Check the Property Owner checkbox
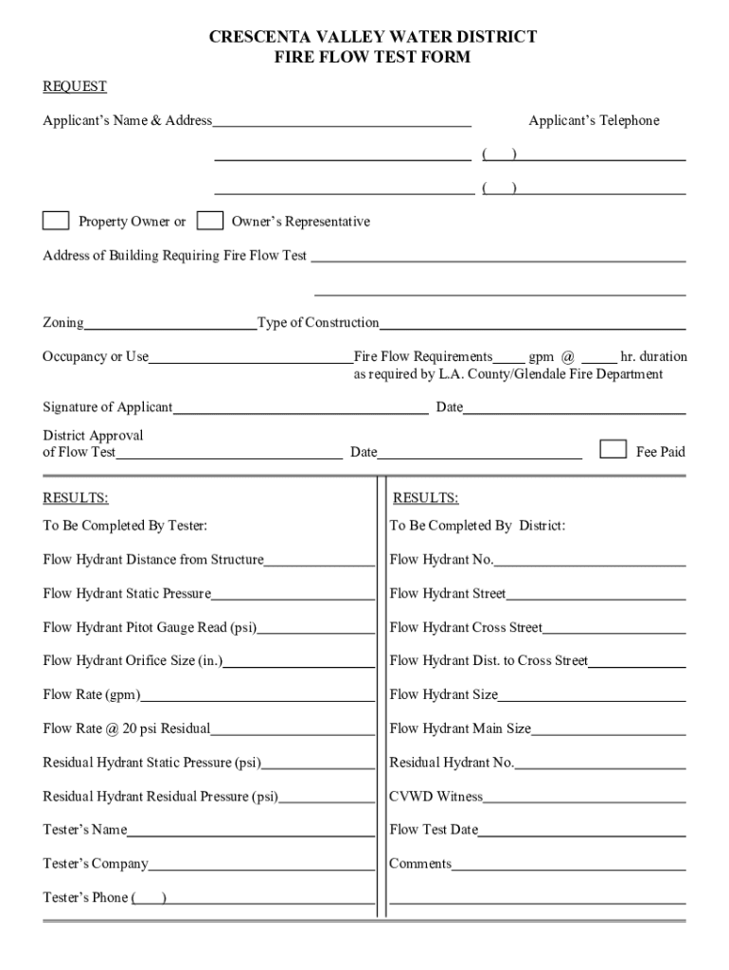pos(56,221)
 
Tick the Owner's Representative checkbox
pos(210,221)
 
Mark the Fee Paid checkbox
pos(613,449)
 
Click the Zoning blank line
pos(169,325)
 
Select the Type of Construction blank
pos(532,325)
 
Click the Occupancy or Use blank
pos(250,359)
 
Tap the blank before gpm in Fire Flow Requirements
pos(509,359)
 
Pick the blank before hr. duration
pos(598,359)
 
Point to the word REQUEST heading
pos(75,87)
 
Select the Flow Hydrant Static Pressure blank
pos(293,596)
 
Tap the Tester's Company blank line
pos(261,866)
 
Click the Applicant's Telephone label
pos(594,121)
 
